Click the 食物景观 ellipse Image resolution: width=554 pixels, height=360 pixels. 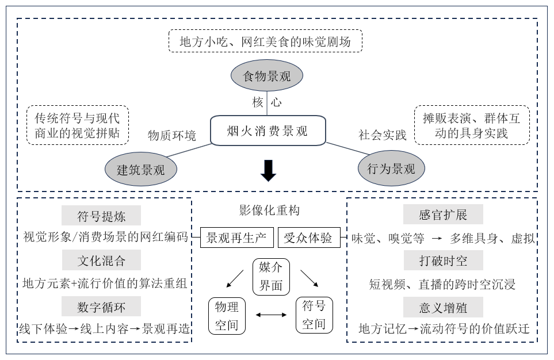pos(267,76)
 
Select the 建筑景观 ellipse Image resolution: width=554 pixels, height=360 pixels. pos(140,169)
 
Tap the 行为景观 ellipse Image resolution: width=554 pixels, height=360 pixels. pos(391,168)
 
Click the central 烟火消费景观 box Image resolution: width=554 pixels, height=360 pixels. pos(268,131)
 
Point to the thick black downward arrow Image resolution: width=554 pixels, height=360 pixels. pos(268,170)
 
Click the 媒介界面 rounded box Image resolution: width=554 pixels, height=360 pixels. pos(270,277)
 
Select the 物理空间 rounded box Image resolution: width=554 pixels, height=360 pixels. pos(227,315)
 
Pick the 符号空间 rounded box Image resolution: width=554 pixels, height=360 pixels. pos(314,315)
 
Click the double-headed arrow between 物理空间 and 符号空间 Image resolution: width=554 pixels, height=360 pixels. pos(270,315)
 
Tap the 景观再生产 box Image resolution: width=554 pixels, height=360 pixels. pos(236,237)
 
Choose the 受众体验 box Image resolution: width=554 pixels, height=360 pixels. pos(309,237)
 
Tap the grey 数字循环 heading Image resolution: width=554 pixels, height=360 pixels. pos(101,307)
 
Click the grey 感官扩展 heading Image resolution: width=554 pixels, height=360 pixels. pos(443,215)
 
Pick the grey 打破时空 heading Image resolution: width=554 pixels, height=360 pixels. pos(443,261)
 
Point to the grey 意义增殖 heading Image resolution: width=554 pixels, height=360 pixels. pos(443,307)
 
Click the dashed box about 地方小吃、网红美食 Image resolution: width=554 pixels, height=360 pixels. pos(265,41)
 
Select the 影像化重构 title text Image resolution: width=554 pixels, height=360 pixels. pos(269,210)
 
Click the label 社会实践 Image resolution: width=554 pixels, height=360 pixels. pos(383,135)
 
